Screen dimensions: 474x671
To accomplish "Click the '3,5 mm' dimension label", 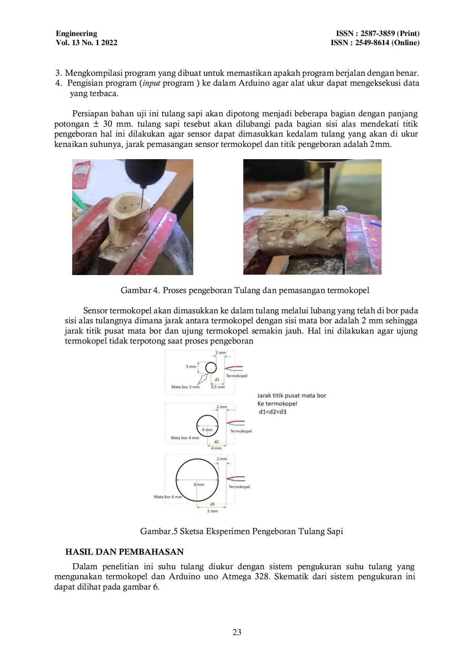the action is click(218, 387).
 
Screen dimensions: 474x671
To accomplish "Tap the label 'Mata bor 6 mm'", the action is click(168, 497).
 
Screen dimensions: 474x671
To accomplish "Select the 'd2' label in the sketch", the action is click(216, 442).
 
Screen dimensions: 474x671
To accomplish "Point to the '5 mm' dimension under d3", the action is click(212, 511).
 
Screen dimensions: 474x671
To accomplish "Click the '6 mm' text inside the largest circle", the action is click(199, 484).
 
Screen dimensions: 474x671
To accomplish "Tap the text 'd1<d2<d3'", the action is click(273, 412).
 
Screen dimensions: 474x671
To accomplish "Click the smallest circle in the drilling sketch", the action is click(211, 368).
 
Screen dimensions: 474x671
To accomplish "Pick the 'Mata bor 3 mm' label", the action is click(185, 387).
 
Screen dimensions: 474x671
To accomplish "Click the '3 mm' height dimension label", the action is click(191, 366).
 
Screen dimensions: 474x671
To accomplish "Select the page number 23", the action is click(237, 632).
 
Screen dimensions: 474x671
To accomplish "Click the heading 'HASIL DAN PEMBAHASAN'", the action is click(125, 552).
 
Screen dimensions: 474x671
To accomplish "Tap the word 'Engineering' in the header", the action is click(76, 33).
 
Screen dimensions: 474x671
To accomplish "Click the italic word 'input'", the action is click(151, 83).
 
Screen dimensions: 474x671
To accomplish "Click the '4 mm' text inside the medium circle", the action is click(207, 430).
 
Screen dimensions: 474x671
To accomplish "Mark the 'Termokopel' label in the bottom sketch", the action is click(239, 487).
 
